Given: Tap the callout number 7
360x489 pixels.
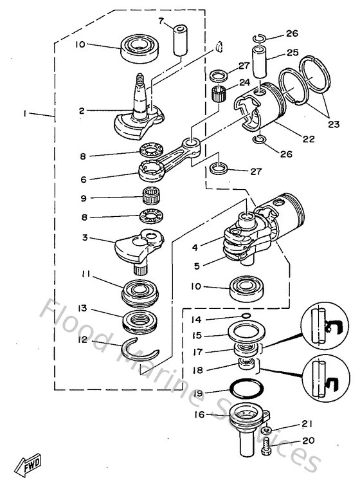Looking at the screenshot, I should point(162,21).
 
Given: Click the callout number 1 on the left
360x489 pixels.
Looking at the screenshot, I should point(25,113).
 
